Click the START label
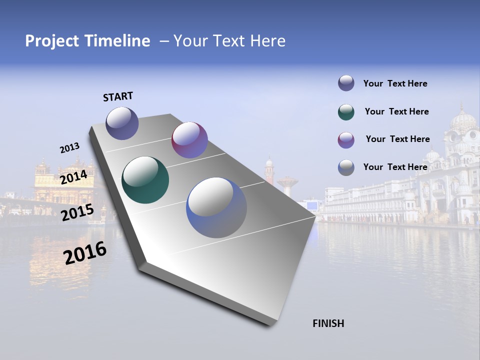tap(118, 96)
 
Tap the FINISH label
tap(328, 323)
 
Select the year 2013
tap(69, 148)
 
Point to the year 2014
tap(73, 177)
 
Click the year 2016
tap(85, 253)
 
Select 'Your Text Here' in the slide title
tap(229, 41)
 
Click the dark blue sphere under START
tap(122, 123)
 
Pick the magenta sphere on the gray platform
tap(189, 140)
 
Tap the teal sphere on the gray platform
tap(145, 180)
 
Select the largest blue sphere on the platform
tap(216, 207)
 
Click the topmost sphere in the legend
tap(346, 83)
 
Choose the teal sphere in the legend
tap(346, 112)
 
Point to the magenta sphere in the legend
tap(346, 140)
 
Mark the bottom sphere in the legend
tap(346, 167)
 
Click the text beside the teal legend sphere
tap(396, 111)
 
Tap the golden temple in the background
tap(64, 180)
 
